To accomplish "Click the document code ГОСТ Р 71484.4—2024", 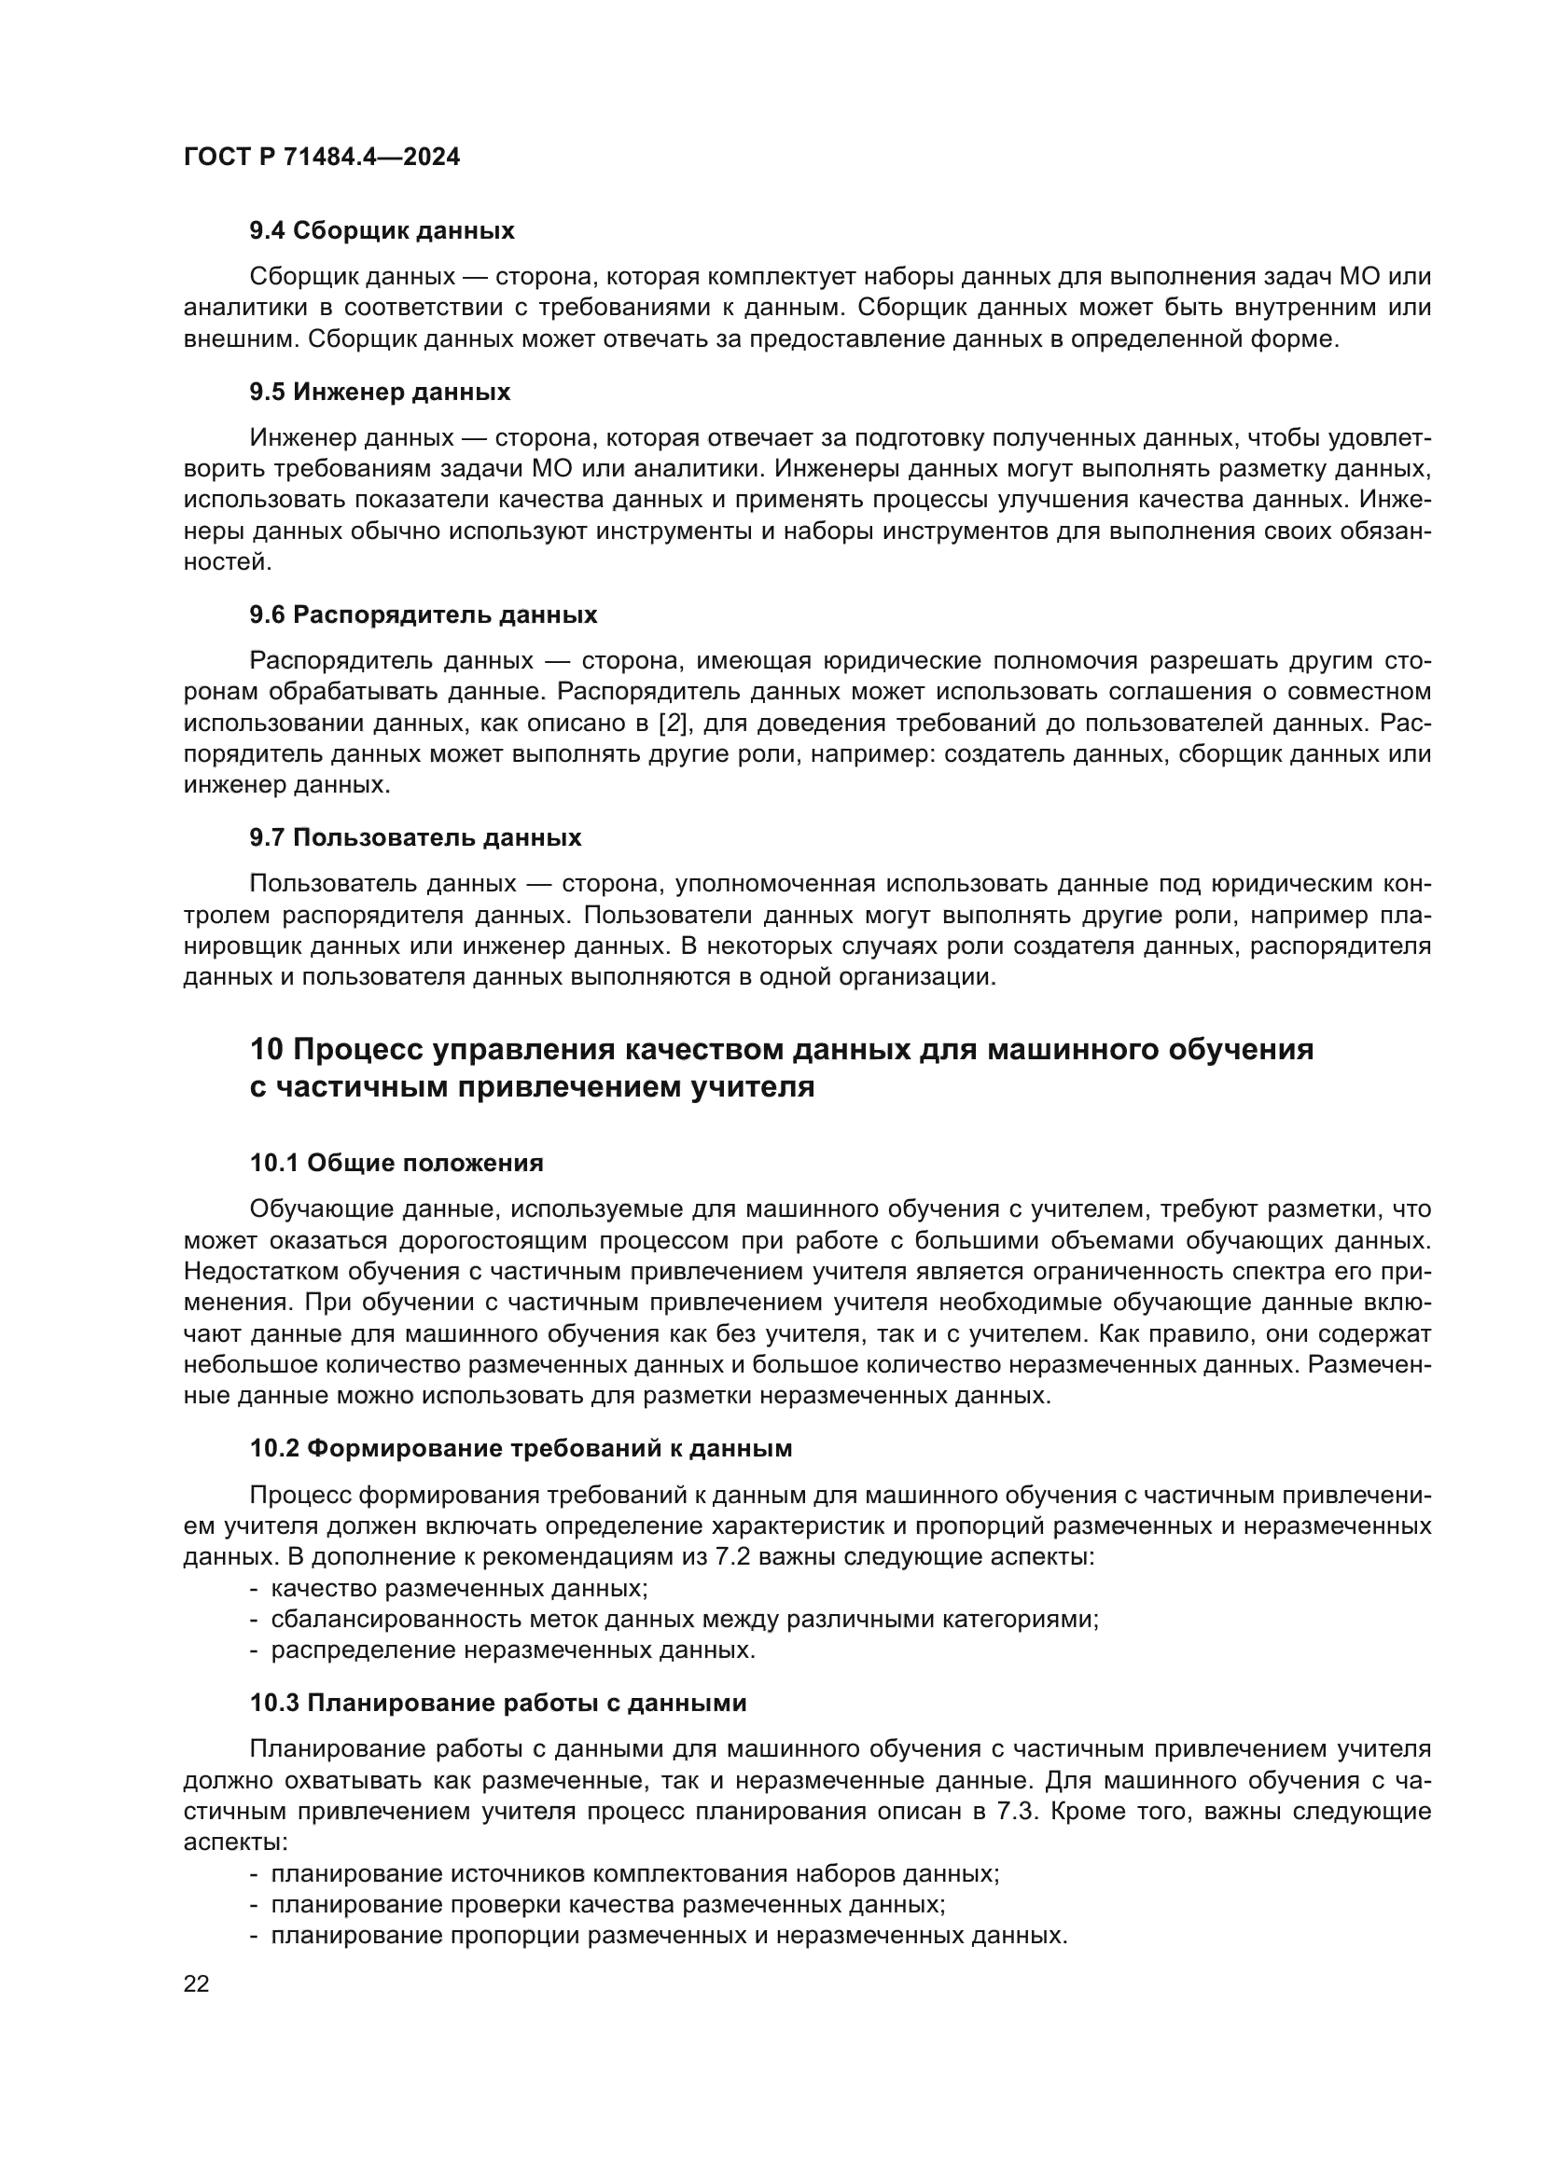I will coord(321,157).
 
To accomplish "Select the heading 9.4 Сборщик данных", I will coord(382,230).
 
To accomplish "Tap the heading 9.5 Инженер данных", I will coord(380,392).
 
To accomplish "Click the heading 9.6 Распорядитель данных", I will coord(424,614).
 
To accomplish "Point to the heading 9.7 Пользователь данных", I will coord(415,838).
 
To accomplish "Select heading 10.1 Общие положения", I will coord(396,1163).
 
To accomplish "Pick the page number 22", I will coord(196,1983).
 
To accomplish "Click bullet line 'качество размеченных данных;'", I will coord(459,1588).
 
